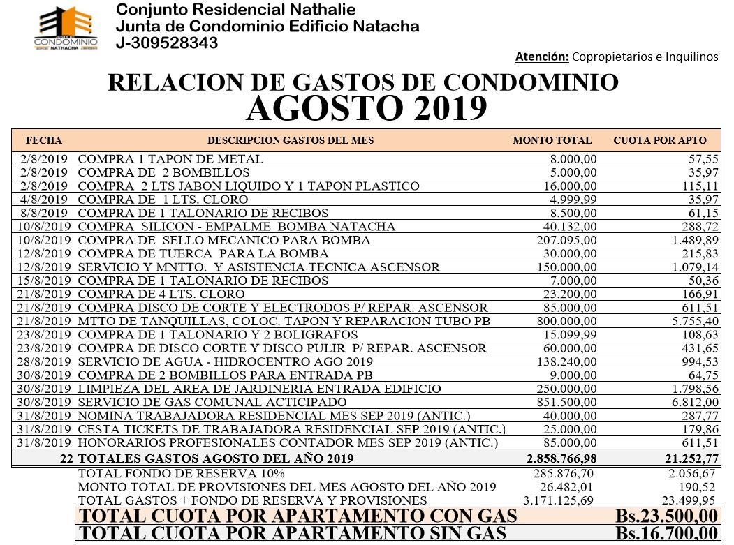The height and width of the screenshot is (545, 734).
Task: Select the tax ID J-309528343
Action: point(167,43)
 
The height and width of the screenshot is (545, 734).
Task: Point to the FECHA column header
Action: point(44,140)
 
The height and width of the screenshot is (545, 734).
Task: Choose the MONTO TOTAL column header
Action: point(552,140)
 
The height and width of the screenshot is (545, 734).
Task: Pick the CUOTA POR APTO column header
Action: point(659,140)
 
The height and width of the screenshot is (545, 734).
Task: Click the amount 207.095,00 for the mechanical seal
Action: point(566,240)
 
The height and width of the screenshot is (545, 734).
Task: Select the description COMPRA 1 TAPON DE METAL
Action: point(170,159)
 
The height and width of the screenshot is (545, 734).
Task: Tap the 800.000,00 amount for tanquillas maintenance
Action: point(566,321)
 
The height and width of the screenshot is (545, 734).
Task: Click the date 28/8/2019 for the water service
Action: point(44,361)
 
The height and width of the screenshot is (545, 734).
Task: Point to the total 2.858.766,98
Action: point(561,458)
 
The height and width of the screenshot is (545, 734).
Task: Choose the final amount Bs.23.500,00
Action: point(666,516)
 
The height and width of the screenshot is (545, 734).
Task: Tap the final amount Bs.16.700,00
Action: point(666,534)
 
